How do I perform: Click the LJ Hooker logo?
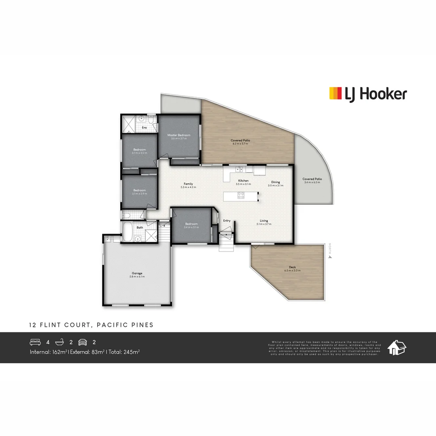[x=368, y=94]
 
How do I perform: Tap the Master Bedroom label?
[x=179, y=135]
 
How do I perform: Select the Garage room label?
[x=137, y=273]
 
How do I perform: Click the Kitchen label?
[x=243, y=180]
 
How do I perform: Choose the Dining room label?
[x=275, y=182]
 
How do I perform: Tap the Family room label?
[x=188, y=184]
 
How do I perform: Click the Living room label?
[x=264, y=221]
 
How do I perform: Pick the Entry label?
[x=227, y=220]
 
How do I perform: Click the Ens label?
[x=144, y=128]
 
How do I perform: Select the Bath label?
[x=140, y=228]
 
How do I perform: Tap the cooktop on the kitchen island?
[x=241, y=196]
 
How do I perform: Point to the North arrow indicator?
[x=330, y=253]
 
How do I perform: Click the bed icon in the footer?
[x=36, y=342]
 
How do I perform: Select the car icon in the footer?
[x=83, y=342]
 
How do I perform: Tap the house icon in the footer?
[x=396, y=347]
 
